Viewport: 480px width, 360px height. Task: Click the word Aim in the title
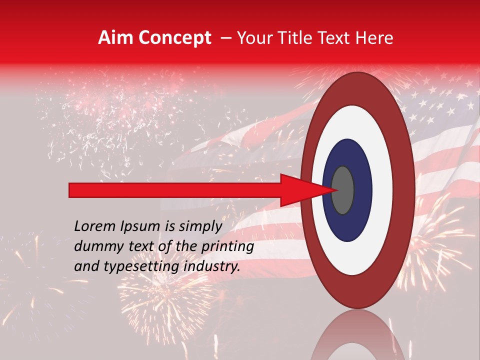[115, 38]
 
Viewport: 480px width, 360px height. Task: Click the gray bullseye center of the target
[343, 190]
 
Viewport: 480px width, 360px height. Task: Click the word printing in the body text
[230, 246]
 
